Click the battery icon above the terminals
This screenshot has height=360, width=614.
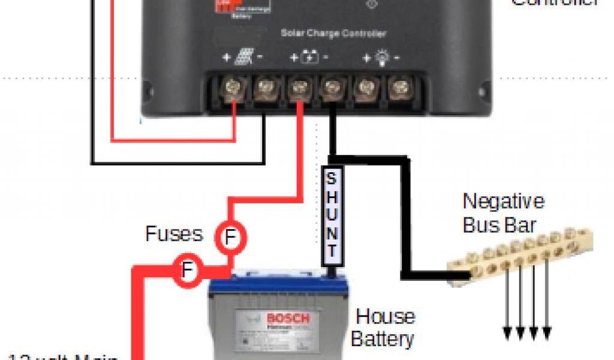pyautogui.click(x=309, y=58)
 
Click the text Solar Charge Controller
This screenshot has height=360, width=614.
pyautogui.click(x=333, y=34)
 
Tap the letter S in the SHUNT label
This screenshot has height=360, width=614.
pyautogui.click(x=332, y=178)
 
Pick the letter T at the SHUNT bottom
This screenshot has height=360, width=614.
pyautogui.click(x=332, y=251)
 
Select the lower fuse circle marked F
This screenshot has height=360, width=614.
pyautogui.click(x=188, y=269)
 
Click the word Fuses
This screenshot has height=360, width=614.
pyautogui.click(x=174, y=233)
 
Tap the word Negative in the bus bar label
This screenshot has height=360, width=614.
pyautogui.click(x=503, y=201)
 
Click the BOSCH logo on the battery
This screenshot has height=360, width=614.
pyautogui.click(x=288, y=319)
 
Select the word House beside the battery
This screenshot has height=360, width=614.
pyautogui.click(x=385, y=316)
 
